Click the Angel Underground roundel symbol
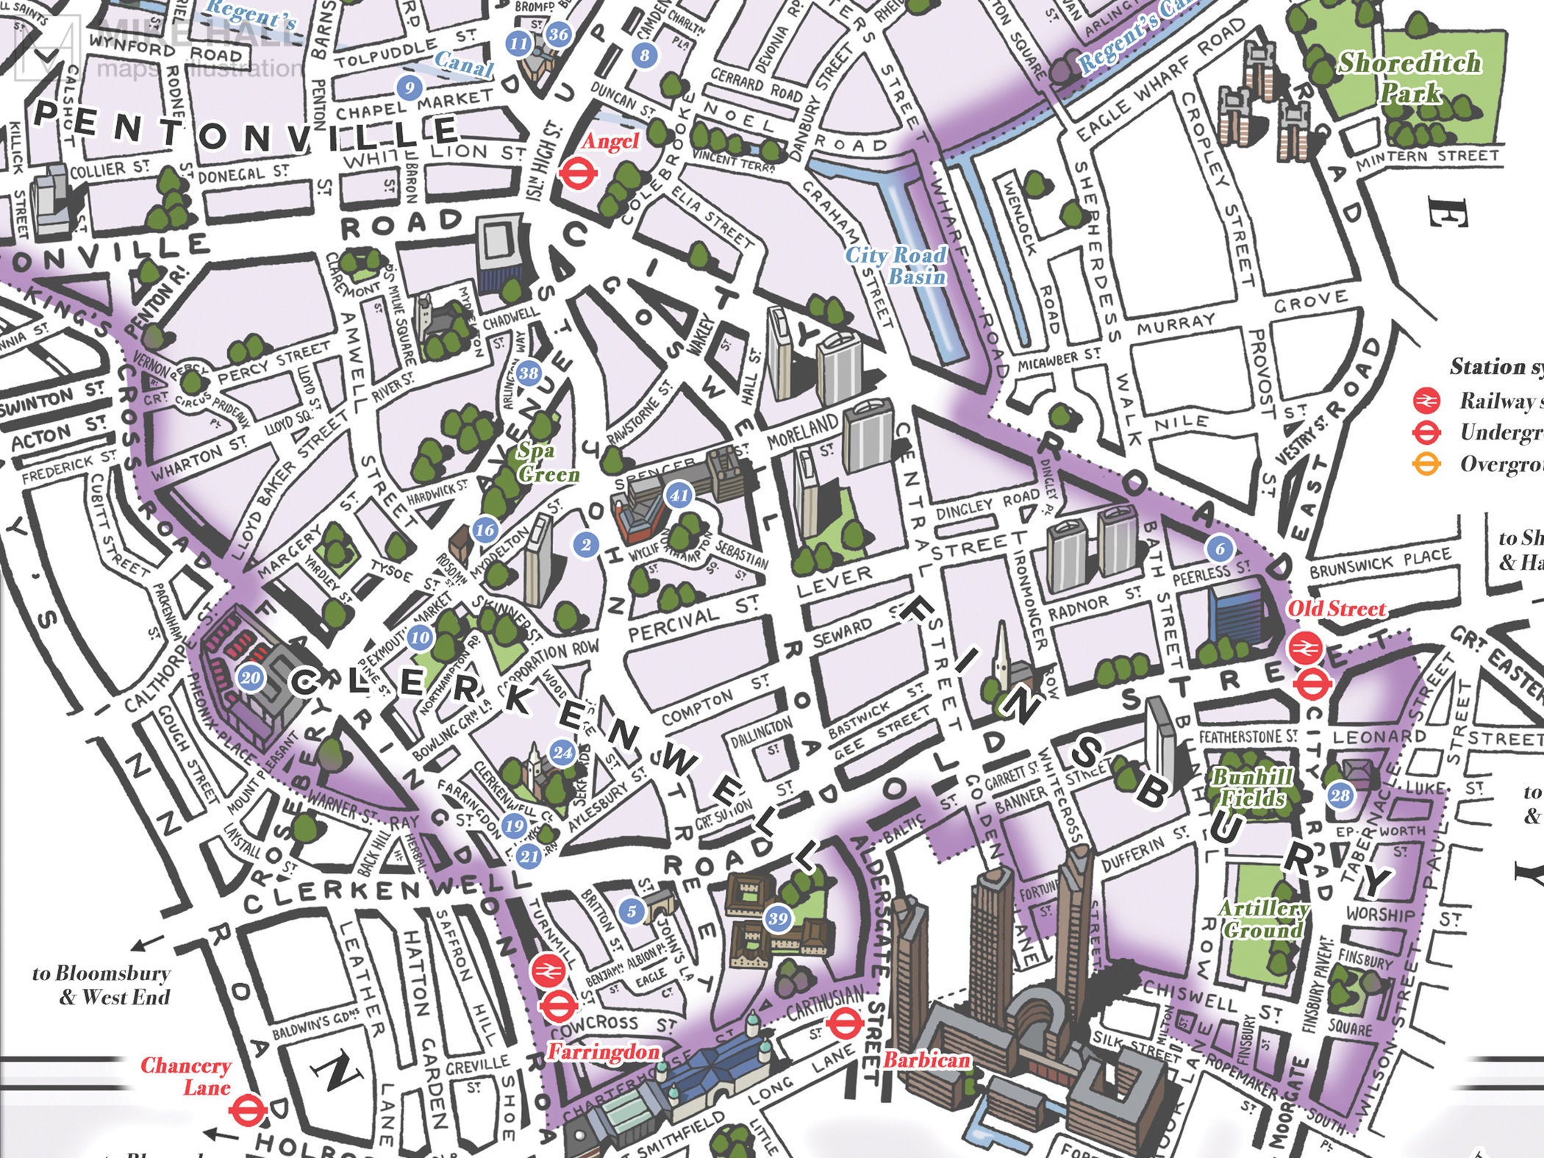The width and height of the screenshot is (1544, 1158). [x=577, y=174]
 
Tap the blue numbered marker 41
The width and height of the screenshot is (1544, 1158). [x=679, y=495]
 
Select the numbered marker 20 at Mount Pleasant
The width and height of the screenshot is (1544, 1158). [x=251, y=677]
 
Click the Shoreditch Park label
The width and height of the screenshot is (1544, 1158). [x=1406, y=77]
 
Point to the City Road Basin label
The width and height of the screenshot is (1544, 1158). [x=896, y=265]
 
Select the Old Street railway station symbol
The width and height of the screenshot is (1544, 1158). [x=1306, y=648]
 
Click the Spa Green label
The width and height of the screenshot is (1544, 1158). [x=547, y=462]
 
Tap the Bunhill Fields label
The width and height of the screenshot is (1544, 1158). [x=1251, y=787]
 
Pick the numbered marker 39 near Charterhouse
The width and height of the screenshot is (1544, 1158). [x=778, y=918]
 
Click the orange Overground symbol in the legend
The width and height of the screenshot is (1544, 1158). [x=1426, y=465]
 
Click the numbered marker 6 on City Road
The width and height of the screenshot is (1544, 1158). [x=1220, y=548]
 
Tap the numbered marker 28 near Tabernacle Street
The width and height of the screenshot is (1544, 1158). [x=1340, y=795]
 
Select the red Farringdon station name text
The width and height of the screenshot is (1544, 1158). [x=603, y=1052]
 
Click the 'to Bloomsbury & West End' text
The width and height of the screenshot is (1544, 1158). [x=101, y=985]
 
